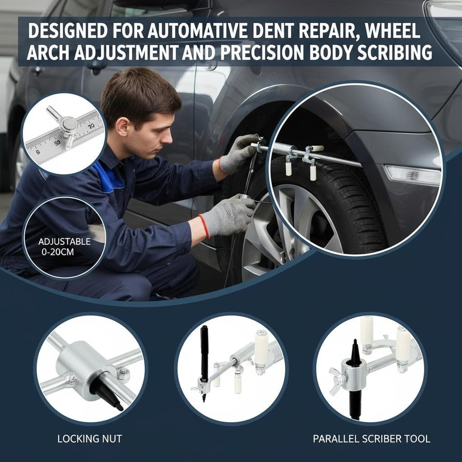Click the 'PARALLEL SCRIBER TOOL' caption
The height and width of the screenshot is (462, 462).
pos(371,438)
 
